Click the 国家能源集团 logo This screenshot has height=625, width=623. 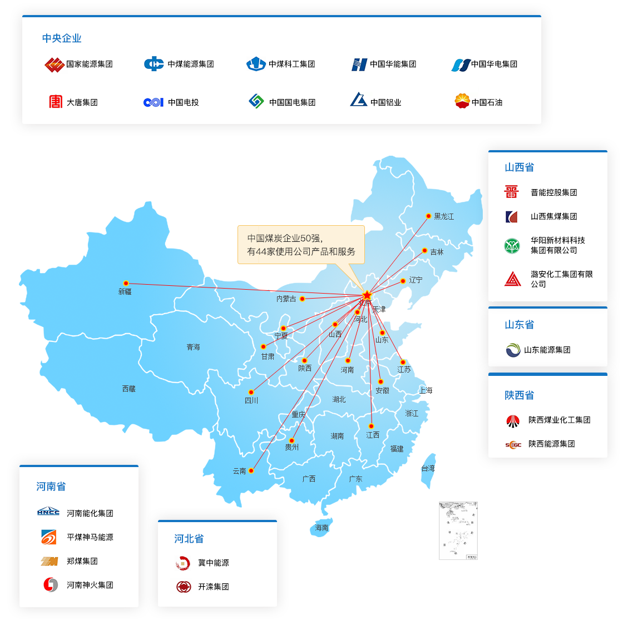[x=54, y=65]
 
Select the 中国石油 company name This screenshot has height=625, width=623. [x=487, y=102]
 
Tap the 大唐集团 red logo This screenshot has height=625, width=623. [x=56, y=102]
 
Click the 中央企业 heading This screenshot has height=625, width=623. [x=62, y=38]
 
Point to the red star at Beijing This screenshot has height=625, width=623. [x=367, y=295]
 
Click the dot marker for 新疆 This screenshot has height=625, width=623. [x=126, y=284]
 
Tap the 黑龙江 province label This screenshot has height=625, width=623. [x=444, y=216]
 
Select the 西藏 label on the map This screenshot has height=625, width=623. [x=129, y=389]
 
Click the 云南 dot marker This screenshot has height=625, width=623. [x=251, y=471]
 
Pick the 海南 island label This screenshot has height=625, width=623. [x=322, y=528]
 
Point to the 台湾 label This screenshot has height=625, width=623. [x=428, y=468]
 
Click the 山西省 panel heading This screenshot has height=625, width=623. [x=519, y=167]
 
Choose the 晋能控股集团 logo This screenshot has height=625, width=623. [x=511, y=192]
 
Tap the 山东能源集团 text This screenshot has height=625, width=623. [x=547, y=350]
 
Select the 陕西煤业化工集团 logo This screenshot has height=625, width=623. [x=513, y=420]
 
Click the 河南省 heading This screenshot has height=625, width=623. [x=51, y=487]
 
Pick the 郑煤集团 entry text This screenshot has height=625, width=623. [x=82, y=561]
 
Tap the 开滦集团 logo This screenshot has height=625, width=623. [x=184, y=587]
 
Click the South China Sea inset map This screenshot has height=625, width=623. [x=458, y=530]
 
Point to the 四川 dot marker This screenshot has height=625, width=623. [x=251, y=393]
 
